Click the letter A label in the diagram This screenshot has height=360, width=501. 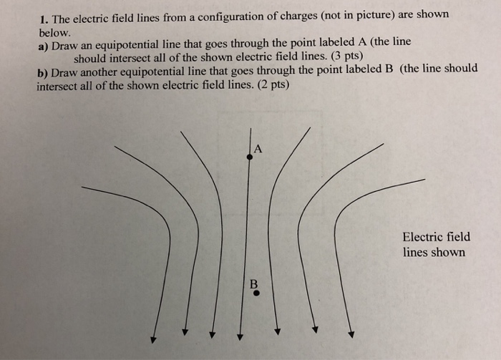pos(258,149)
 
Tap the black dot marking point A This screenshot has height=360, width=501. pos(249,157)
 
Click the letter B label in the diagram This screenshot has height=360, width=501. pos(253,283)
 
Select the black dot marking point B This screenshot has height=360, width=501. pos(256,293)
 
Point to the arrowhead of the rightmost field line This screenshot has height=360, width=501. pos(351,334)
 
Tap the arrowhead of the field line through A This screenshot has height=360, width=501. pos(240,338)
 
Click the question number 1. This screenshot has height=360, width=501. pos(42,16)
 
